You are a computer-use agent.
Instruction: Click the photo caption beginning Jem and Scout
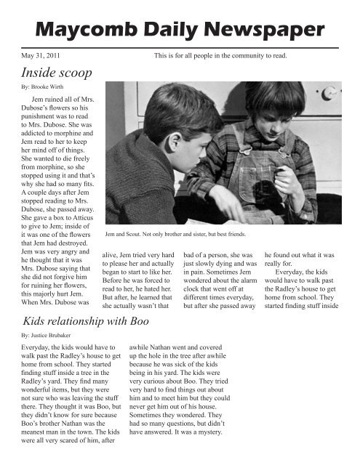point(175,234)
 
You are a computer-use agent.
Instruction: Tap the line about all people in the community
point(221,54)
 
